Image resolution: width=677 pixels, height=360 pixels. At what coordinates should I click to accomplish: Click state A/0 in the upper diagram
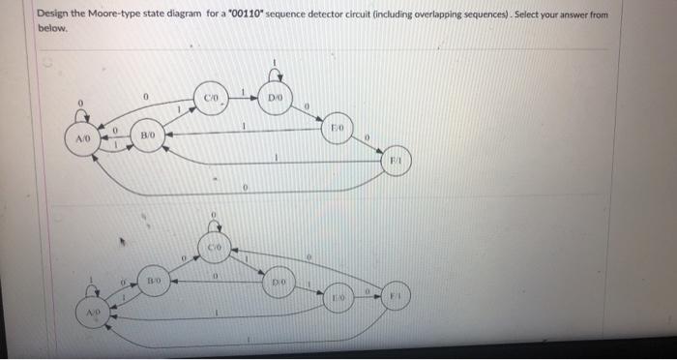[82, 139]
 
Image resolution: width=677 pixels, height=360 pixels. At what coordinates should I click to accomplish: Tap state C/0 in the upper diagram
[212, 98]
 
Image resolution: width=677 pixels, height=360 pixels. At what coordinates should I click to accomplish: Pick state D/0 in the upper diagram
[275, 98]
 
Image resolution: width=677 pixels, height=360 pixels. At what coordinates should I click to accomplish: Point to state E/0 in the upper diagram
[336, 128]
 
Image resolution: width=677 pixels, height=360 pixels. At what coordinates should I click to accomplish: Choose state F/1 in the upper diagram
[397, 160]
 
